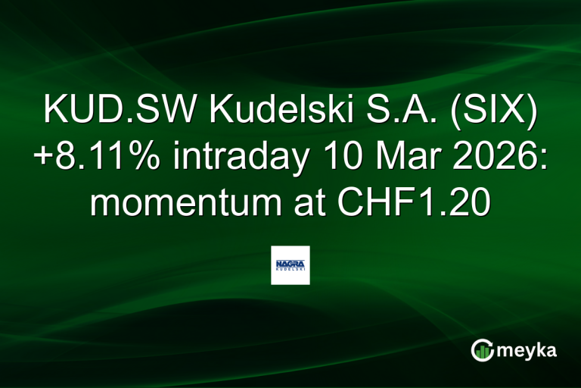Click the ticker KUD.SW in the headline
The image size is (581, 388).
[x=101, y=112]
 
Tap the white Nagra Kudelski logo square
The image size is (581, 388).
[x=290, y=265]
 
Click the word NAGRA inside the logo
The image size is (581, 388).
[x=290, y=261]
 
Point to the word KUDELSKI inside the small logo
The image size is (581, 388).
[x=290, y=268]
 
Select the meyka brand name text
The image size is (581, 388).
[x=528, y=350]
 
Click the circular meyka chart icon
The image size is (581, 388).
[x=481, y=349]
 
